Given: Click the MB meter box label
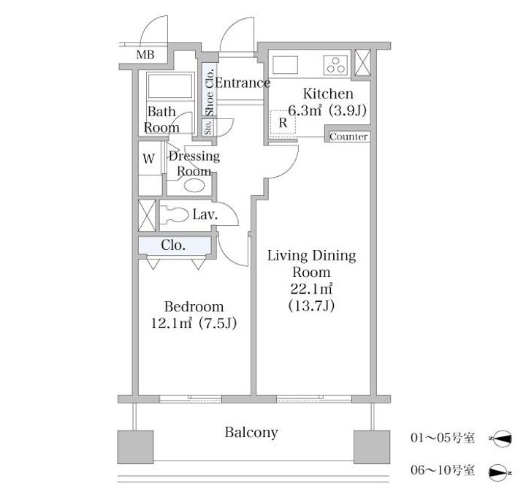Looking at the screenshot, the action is tap(145, 55).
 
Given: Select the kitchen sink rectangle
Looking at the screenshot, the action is tap(286, 65).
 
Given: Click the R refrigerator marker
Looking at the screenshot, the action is tap(283, 123).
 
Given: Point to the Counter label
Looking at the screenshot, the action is tap(348, 137).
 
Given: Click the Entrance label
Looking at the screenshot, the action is tap(243, 83).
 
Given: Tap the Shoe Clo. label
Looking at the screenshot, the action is tap(210, 92).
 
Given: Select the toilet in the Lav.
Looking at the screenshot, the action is tap(174, 214).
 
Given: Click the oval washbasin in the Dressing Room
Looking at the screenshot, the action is tap(194, 186).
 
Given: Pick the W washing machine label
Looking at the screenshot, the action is tap(149, 159).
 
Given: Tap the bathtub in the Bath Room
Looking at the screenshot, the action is tap(170, 86).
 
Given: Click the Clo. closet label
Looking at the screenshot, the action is tap(173, 245).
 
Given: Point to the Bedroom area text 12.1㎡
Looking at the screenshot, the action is tap(171, 323).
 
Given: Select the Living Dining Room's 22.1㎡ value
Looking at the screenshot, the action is tap(311, 289).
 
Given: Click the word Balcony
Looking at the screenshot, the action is tap(251, 432).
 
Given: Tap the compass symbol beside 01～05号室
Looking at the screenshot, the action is tap(501, 439).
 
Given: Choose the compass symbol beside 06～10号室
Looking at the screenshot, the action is tap(500, 473).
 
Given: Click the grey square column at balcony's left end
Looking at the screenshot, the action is tap(136, 447).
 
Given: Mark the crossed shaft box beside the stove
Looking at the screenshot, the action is tap(363, 62).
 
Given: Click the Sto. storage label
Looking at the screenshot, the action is tap(208, 127).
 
